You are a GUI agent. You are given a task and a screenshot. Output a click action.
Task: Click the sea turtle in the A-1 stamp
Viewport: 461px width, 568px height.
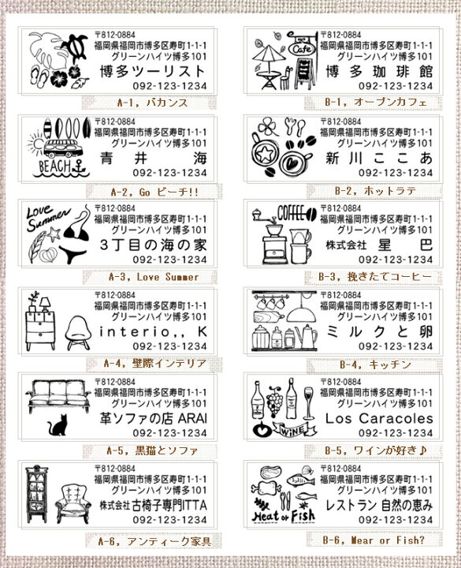(x=75, y=47)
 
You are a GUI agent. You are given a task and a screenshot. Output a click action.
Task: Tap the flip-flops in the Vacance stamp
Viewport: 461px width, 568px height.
(x=39, y=76)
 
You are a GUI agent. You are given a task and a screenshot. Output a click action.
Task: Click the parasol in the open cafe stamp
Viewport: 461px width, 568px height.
(x=269, y=55)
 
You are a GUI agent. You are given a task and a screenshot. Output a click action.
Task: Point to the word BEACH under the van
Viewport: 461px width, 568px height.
(x=55, y=166)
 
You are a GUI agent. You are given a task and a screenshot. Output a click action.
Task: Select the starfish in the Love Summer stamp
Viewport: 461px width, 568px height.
(x=54, y=234)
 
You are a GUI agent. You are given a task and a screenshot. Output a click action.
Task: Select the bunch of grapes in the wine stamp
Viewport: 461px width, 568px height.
(x=275, y=399)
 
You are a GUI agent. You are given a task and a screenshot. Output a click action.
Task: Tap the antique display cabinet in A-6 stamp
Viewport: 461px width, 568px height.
(x=36, y=494)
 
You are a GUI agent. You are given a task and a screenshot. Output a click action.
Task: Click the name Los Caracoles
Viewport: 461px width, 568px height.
(x=379, y=419)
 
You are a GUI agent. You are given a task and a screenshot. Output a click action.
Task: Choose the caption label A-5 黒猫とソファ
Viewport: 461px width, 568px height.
(x=152, y=450)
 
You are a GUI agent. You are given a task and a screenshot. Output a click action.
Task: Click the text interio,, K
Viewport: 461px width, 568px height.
(x=153, y=331)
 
